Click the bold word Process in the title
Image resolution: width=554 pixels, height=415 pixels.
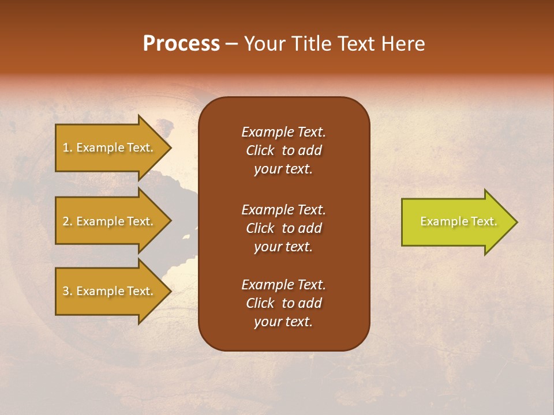click(181, 44)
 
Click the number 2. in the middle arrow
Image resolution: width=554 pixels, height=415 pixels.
click(68, 221)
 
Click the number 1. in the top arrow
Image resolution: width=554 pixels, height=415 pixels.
click(67, 148)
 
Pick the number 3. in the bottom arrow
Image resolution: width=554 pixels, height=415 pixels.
click(68, 291)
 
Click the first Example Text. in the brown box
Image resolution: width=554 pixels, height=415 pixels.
click(283, 132)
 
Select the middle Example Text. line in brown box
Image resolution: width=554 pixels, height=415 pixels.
click(283, 209)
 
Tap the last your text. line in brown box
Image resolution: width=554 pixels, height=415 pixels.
click(283, 322)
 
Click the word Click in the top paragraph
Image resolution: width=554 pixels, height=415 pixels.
click(260, 150)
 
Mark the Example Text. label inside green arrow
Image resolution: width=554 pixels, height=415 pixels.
click(458, 221)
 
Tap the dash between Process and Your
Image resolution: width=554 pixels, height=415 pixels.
click(232, 44)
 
